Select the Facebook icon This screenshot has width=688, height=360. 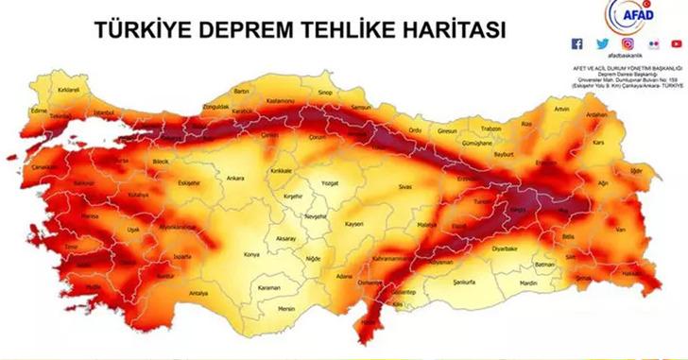click(x=577, y=43)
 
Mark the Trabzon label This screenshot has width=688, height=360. click(x=490, y=129)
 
